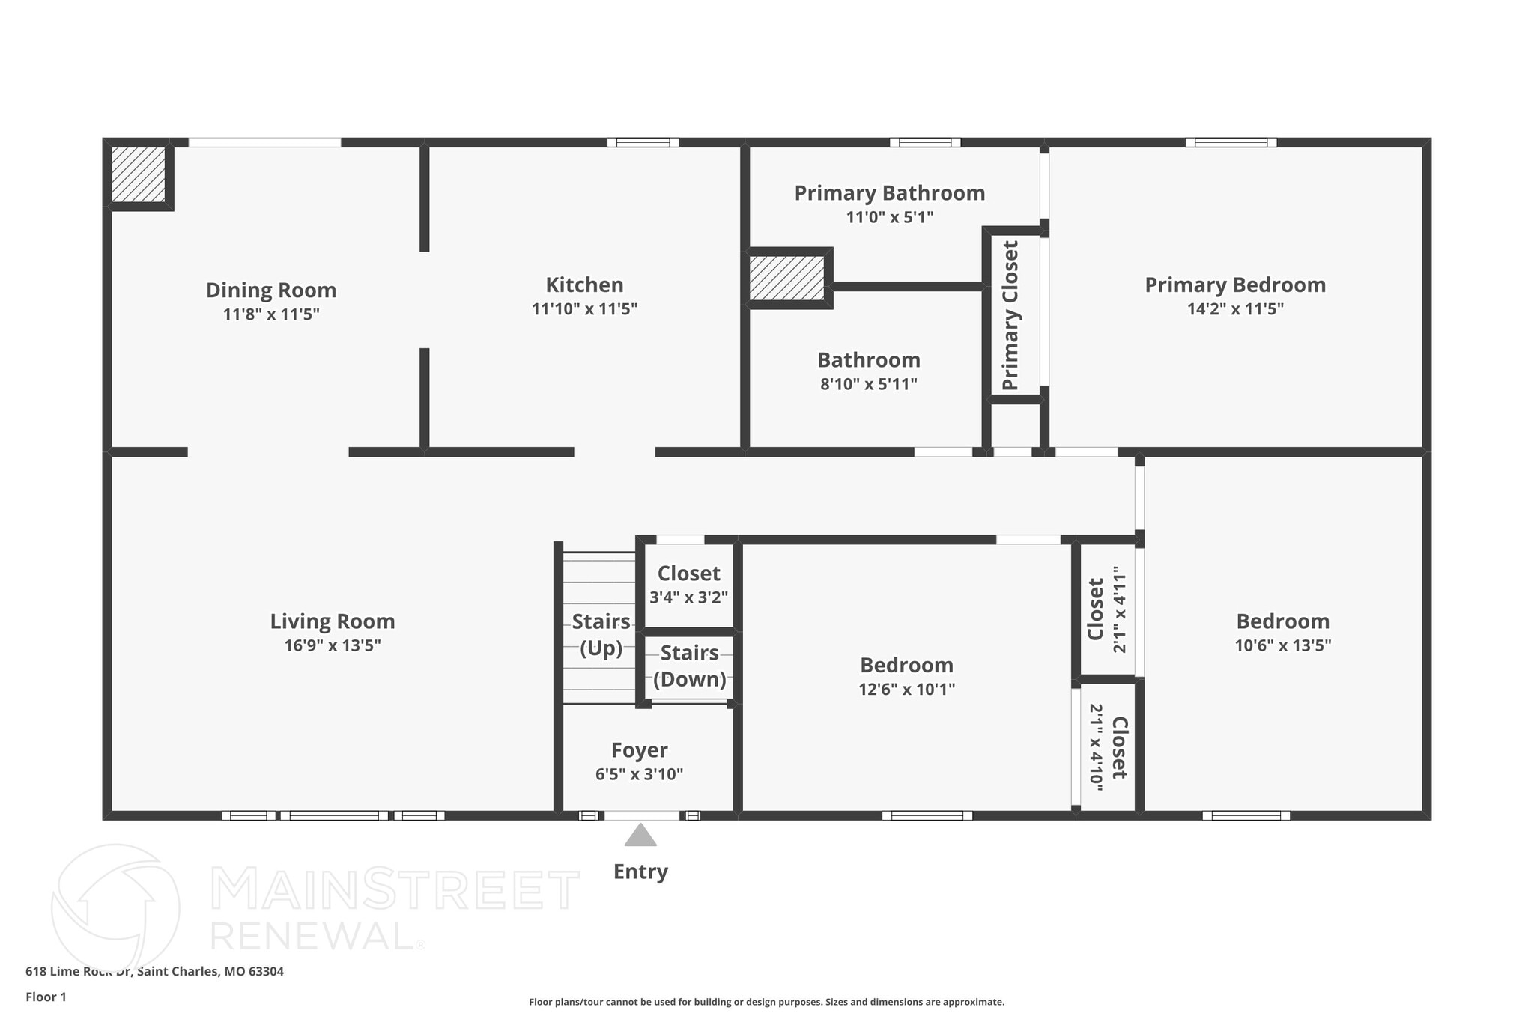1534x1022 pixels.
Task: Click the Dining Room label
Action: (x=271, y=290)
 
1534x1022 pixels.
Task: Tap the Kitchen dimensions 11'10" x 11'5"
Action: (x=584, y=308)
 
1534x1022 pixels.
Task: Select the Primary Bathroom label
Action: (x=889, y=193)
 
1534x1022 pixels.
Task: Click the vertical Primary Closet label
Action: (x=1010, y=315)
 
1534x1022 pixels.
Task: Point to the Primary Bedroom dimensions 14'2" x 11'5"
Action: (x=1235, y=308)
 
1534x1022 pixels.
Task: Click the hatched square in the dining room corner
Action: (x=139, y=174)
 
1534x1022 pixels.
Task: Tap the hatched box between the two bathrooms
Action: (x=787, y=278)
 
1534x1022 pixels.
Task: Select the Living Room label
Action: (x=333, y=621)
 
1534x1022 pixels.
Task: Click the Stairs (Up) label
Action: (x=601, y=634)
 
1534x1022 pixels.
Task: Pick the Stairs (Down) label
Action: (x=690, y=666)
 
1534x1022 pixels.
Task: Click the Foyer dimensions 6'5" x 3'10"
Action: (x=639, y=774)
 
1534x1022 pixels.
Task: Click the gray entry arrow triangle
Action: (x=640, y=836)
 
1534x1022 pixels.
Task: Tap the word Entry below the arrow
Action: (x=640, y=872)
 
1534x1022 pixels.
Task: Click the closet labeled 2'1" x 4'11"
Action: (x=1107, y=609)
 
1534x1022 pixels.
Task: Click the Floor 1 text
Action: (x=46, y=997)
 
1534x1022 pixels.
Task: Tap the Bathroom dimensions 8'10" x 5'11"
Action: (x=869, y=384)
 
